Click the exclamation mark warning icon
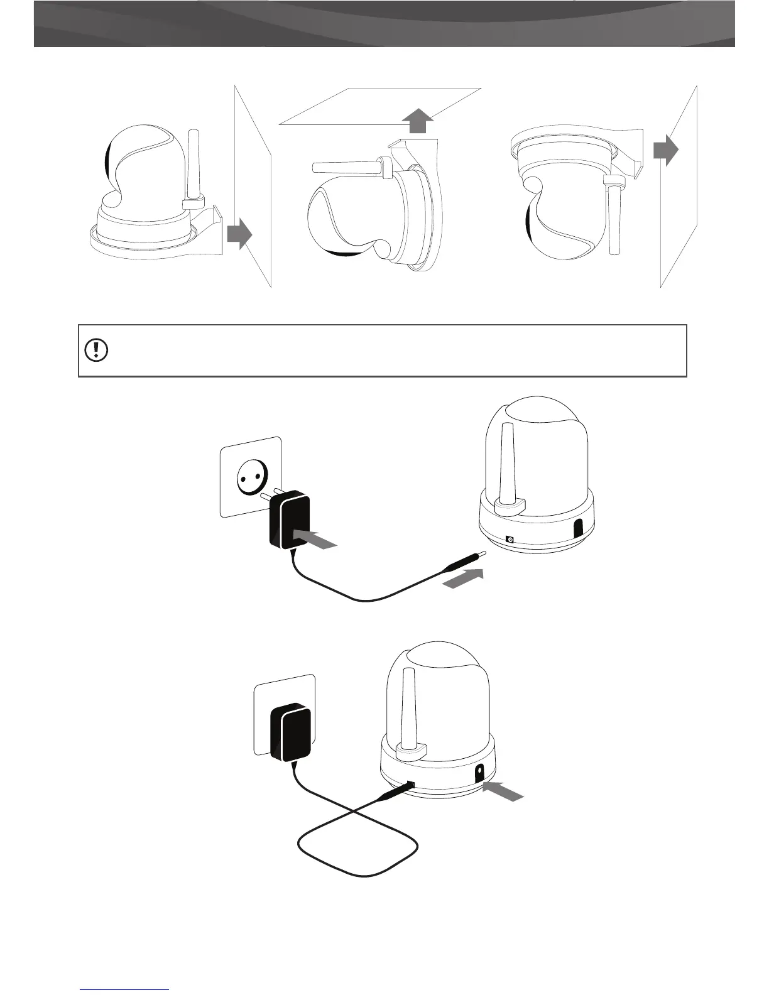tap(95, 350)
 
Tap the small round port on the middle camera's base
tap(510, 539)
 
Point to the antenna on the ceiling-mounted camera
tap(347, 167)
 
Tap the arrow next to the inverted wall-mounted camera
tap(665, 151)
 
